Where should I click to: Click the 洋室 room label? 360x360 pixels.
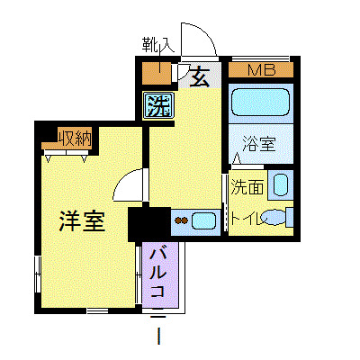pos(83,220)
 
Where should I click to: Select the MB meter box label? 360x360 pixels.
pos(261,69)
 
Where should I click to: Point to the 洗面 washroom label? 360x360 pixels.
pos(247,187)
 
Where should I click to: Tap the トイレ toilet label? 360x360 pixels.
pos(247,217)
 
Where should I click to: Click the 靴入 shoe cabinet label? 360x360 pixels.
pos(158,43)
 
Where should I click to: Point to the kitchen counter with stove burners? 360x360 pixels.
pos(193,220)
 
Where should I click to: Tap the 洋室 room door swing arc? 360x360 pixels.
pos(130,186)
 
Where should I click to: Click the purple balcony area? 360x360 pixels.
pos(161,273)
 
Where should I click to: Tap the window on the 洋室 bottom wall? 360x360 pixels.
pos(98,310)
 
